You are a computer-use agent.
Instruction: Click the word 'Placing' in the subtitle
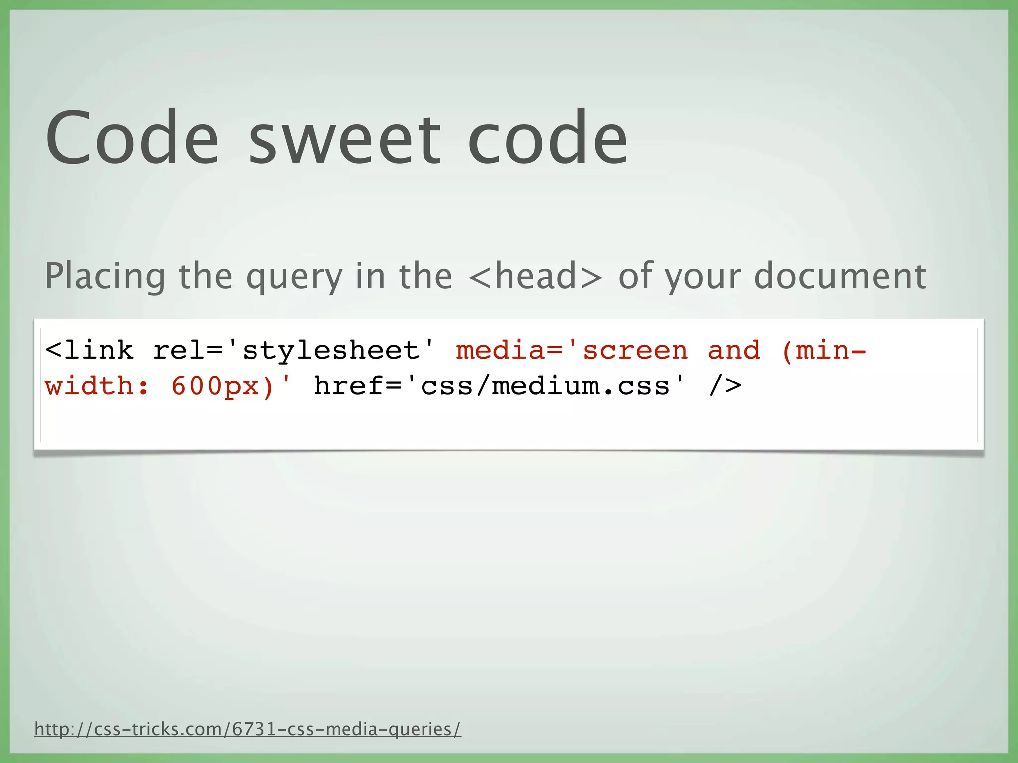coord(105,276)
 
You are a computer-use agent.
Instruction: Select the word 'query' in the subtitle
coord(294,277)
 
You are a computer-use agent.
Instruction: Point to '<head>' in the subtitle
coord(535,276)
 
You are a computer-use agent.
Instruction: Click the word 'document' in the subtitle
coord(840,276)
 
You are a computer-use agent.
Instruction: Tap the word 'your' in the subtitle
coord(703,277)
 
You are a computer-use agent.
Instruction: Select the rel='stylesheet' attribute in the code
coord(294,351)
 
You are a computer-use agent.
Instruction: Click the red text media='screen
coord(572,351)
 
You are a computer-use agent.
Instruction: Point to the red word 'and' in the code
coord(734,351)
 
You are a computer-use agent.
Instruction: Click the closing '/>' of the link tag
coord(725,386)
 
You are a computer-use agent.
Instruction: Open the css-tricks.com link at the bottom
coord(248,729)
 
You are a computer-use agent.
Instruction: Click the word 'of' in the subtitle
coord(636,276)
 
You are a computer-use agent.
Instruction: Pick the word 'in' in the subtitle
coord(370,276)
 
